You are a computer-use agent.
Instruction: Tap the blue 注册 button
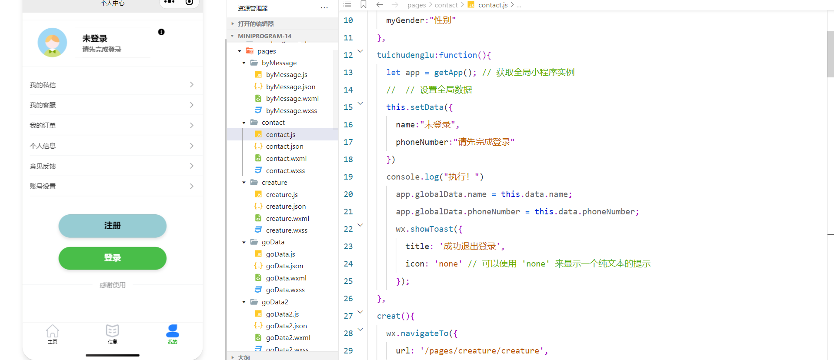tap(112, 226)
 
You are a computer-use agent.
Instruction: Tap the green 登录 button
tap(112, 258)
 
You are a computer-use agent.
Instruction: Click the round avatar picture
tap(52, 43)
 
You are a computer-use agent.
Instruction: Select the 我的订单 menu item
tap(43, 126)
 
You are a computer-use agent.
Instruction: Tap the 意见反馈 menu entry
tap(43, 166)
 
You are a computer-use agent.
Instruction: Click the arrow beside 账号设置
tap(192, 186)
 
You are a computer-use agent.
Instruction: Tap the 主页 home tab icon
tap(52, 331)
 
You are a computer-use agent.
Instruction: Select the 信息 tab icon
tap(112, 331)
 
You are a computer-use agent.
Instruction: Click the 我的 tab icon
tap(173, 331)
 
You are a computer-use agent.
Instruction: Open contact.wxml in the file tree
tap(286, 159)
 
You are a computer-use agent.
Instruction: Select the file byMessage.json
tap(290, 87)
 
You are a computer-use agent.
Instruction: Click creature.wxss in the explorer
tap(287, 230)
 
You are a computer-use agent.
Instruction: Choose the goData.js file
tap(280, 254)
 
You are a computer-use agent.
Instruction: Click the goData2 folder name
tap(275, 302)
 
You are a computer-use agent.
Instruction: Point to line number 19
tap(348, 177)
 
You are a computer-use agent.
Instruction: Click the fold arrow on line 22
tap(360, 225)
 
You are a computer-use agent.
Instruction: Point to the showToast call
tap(431, 229)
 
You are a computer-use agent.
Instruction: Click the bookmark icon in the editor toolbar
tap(364, 5)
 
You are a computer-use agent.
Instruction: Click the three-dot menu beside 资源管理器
tap(324, 8)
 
